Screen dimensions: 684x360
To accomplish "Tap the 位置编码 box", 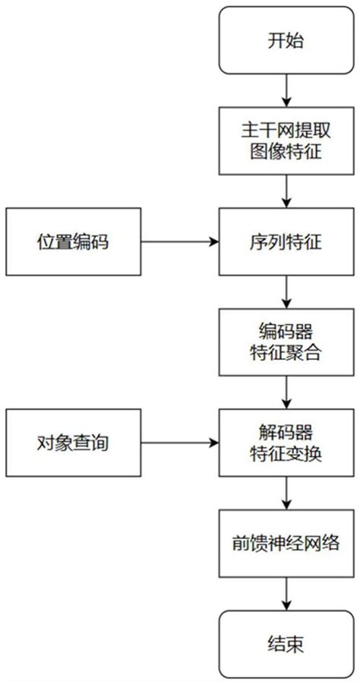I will pos(73,242).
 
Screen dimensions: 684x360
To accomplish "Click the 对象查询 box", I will pos(73,443).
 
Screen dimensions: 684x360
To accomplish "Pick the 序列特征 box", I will pos(286,242).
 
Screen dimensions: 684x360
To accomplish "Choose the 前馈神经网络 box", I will pos(286,544).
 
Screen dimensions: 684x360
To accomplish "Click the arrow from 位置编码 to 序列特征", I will pos(179,242).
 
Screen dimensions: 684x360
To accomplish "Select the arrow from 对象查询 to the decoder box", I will pos(179,443).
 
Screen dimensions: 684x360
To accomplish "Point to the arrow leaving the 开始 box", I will pos(286,90).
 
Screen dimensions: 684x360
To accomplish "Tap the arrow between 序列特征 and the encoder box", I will pos(286,292).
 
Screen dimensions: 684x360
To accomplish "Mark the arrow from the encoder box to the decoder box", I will pos(286,392).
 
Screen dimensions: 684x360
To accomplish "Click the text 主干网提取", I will pos(286,131).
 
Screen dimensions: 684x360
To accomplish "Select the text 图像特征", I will pos(286,151).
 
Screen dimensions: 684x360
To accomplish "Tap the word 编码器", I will pos(286,332).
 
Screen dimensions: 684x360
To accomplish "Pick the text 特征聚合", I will pos(286,352).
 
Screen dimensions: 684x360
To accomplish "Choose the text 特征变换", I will pos(286,453).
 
